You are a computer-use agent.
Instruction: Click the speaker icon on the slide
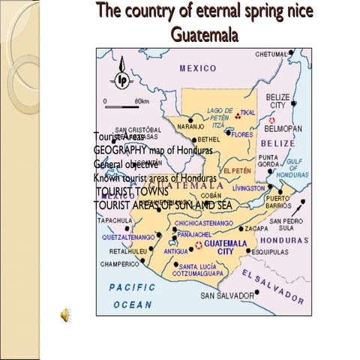click(67, 315)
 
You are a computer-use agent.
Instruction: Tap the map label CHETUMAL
click(271, 54)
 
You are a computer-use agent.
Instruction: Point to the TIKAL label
click(247, 113)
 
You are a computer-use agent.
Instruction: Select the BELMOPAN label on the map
click(283, 128)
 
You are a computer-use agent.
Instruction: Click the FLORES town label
click(242, 135)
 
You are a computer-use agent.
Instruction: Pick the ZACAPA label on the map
click(277, 228)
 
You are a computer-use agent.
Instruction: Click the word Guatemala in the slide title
click(204, 34)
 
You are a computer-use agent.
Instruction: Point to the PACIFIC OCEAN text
click(132, 295)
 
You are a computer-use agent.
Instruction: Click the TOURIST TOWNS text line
click(132, 191)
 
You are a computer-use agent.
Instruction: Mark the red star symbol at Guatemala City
click(198, 245)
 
